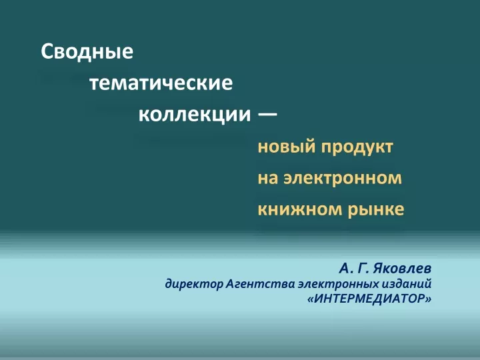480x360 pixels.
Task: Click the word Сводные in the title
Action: [x=87, y=52]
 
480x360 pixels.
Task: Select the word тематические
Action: [x=161, y=83]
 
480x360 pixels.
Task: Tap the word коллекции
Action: [x=195, y=115]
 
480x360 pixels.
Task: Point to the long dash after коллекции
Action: [x=267, y=115]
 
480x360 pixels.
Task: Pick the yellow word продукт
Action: [x=357, y=147]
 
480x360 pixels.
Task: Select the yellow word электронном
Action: [x=343, y=179]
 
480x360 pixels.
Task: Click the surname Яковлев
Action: [x=402, y=269]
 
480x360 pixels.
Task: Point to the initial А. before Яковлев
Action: [x=344, y=269]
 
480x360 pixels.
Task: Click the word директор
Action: [x=194, y=285]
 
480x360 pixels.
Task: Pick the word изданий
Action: [x=407, y=284]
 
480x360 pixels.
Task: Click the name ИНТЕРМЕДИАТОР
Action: [x=369, y=299]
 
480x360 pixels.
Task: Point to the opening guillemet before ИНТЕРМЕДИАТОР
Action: [x=311, y=299]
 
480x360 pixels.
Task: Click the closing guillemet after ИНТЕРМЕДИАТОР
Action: [x=429, y=299]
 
